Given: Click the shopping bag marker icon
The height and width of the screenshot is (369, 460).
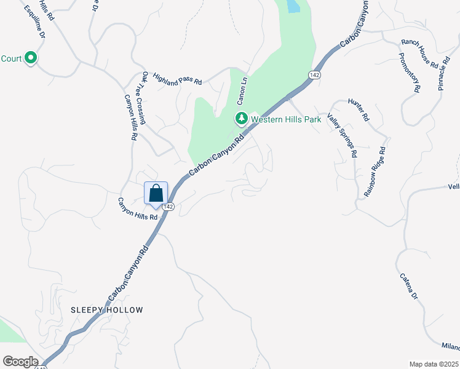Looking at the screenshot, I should (156, 192).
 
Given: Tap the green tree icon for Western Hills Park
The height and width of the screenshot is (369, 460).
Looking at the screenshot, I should (242, 117).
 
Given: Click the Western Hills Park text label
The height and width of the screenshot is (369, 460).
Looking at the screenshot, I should (286, 119).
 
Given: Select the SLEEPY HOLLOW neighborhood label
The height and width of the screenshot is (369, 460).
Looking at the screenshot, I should (106, 310).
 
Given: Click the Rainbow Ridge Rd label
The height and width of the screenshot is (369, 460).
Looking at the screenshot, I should (375, 171).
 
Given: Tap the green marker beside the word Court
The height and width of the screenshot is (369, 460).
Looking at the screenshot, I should (31, 59).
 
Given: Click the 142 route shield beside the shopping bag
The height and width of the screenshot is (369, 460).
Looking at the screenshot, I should (170, 207).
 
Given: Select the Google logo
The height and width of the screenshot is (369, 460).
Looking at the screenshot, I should (20, 362).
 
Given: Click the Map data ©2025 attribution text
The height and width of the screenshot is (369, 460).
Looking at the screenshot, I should (433, 364).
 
